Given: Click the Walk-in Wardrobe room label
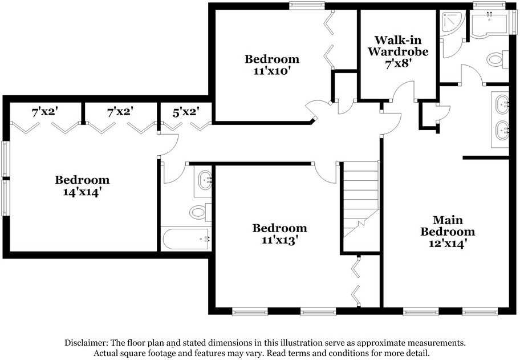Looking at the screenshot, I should click(397, 46).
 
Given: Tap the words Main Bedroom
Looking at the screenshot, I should click(448, 226).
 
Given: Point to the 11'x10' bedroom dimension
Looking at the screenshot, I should click(271, 71).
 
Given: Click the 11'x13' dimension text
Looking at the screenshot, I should click(279, 240).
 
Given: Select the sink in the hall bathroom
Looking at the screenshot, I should click(204, 181).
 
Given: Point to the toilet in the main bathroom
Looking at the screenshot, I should click(497, 59).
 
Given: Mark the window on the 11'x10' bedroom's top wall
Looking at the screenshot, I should click(303, 6).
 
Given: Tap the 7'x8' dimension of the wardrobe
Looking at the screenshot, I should click(397, 63).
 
